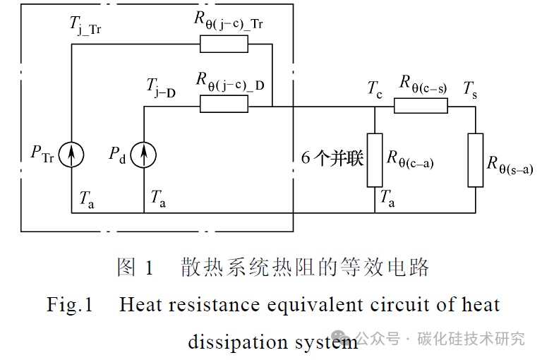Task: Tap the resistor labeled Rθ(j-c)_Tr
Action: coord(224,44)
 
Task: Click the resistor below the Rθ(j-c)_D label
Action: coord(224,105)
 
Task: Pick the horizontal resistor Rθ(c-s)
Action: coord(421,106)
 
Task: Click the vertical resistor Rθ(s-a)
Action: coord(476,160)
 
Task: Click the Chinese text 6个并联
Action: coord(332,158)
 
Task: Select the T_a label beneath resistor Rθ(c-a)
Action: coord(387,199)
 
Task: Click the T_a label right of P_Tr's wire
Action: coord(87,199)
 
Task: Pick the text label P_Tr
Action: coord(42,153)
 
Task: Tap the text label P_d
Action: coord(117,153)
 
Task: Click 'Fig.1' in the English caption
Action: coord(70,305)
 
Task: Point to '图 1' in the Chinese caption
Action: coord(135,268)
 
